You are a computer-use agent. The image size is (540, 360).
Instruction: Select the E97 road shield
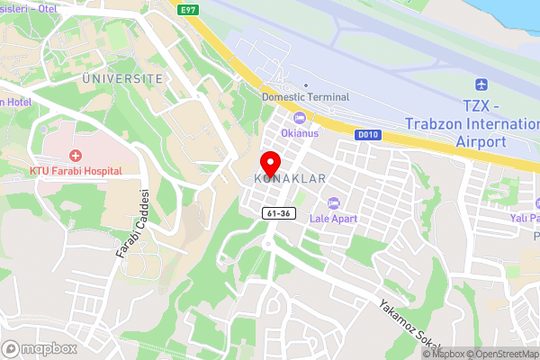188,9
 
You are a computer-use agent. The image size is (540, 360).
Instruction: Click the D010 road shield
364,135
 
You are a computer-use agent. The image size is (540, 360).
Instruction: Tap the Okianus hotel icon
300,118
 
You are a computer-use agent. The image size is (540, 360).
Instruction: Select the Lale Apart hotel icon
334,202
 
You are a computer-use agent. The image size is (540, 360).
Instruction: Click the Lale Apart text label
334,219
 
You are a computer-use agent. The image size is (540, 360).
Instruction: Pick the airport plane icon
480,85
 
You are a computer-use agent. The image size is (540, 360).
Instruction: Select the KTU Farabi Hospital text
75,170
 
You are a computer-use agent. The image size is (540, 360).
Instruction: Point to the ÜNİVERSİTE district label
122,78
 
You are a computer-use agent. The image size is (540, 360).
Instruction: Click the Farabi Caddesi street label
132,225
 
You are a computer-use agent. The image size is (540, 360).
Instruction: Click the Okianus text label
300,133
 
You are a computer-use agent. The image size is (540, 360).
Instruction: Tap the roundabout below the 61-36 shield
268,242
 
